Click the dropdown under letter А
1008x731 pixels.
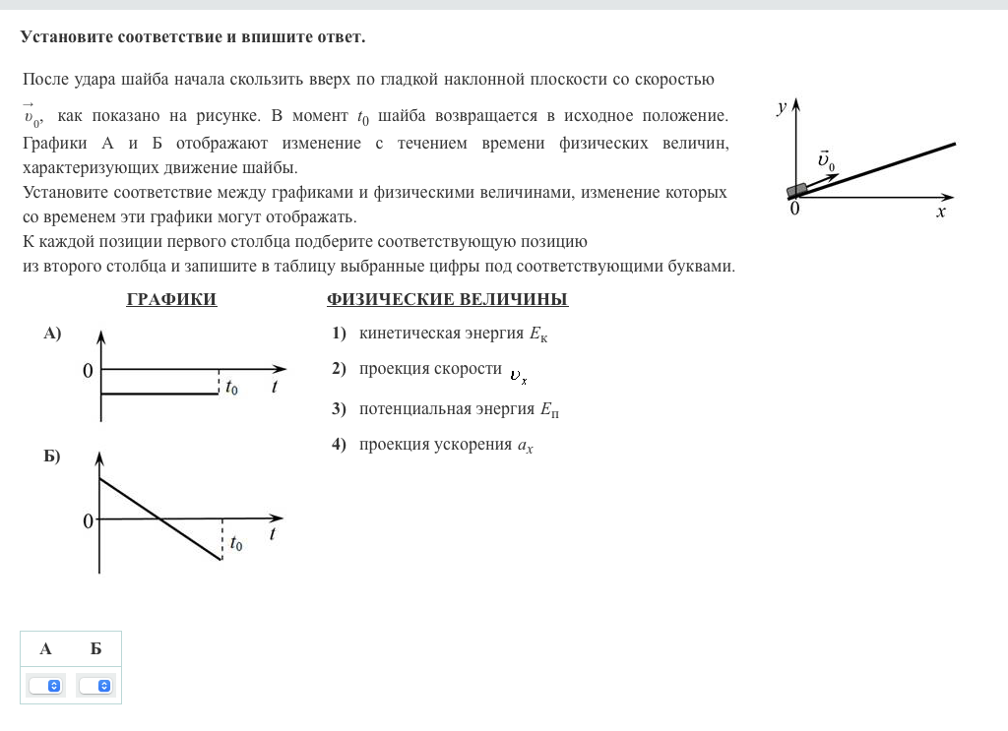coord(46,685)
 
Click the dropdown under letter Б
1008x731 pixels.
coord(96,685)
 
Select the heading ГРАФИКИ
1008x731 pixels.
coord(171,300)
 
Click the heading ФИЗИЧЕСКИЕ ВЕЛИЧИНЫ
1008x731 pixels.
coord(447,300)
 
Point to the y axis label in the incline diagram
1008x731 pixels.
coord(780,107)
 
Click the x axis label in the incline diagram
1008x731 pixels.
coord(941,212)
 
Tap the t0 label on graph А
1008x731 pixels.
coord(231,388)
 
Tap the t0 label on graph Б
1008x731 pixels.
coord(236,543)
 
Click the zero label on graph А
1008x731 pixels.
coord(88,371)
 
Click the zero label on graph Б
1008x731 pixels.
coord(88,521)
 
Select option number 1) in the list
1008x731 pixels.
coord(339,334)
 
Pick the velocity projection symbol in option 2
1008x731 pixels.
coord(518,375)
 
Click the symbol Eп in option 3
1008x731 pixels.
coord(549,409)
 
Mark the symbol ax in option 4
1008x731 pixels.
coord(525,446)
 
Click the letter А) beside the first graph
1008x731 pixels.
coord(52,334)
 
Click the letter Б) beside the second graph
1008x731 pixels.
coord(52,457)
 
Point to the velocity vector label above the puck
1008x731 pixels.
coord(825,160)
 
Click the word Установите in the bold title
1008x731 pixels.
coord(66,37)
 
